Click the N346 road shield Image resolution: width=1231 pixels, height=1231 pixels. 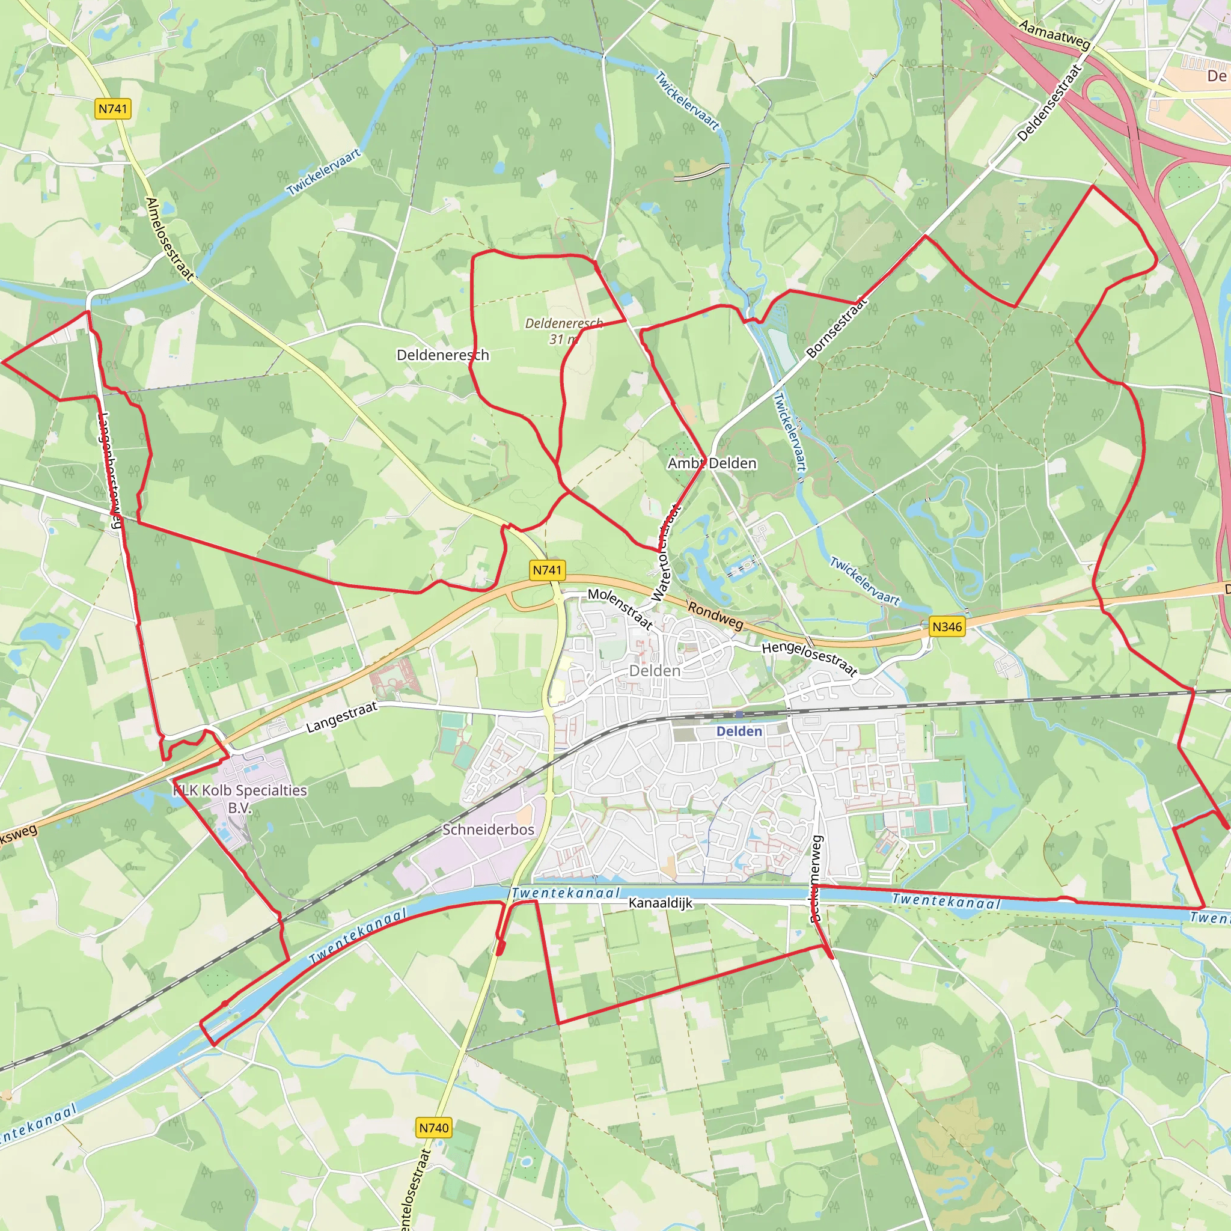[x=947, y=626]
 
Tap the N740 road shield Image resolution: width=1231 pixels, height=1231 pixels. [x=434, y=1128]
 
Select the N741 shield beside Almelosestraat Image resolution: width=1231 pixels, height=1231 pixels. [x=113, y=109]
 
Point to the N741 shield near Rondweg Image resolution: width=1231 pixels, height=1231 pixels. [x=548, y=570]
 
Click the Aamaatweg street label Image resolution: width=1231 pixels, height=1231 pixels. [x=1054, y=35]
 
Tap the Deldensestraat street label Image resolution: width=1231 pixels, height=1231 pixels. [x=1049, y=103]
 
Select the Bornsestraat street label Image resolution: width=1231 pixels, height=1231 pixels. [x=837, y=328]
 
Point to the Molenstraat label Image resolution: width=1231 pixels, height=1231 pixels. [x=620, y=608]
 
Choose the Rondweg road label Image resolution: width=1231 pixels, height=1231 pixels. [x=715, y=615]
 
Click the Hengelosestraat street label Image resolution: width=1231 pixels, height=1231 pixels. [x=809, y=659]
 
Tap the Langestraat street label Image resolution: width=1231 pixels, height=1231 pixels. [x=341, y=717]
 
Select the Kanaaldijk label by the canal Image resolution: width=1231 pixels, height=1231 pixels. [x=659, y=903]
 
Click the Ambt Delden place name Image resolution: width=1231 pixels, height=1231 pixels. [x=712, y=463]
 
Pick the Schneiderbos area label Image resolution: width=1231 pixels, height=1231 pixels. [x=488, y=829]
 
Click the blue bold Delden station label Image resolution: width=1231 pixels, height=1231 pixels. [x=739, y=732]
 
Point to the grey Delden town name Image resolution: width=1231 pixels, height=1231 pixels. [x=655, y=671]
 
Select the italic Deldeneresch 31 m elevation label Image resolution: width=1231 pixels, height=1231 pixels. [x=563, y=331]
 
